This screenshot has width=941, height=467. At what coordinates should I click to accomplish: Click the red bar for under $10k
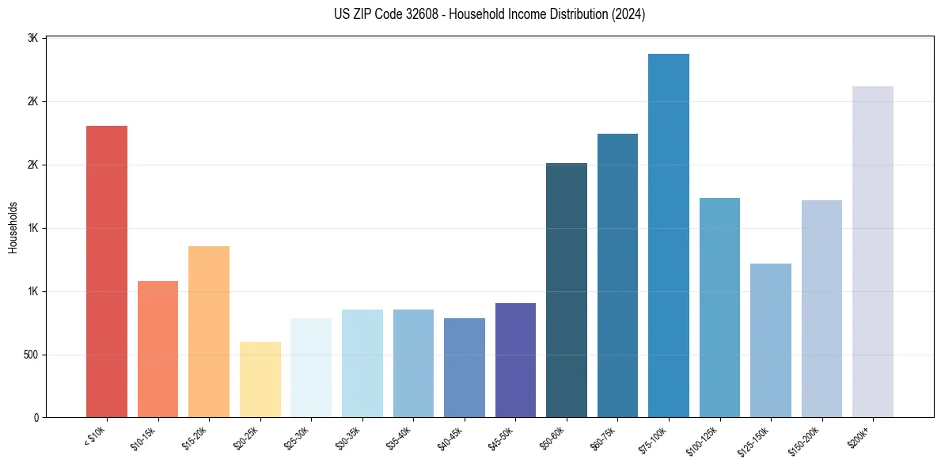[x=106, y=271]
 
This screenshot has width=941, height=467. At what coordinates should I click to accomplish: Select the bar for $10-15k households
[x=157, y=349]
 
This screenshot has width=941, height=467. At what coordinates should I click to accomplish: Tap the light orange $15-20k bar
[x=209, y=332]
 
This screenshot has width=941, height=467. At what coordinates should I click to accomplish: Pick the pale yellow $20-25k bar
[x=260, y=379]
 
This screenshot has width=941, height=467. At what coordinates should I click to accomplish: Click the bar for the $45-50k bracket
[x=515, y=360]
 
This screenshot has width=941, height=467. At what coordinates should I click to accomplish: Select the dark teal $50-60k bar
[x=567, y=290]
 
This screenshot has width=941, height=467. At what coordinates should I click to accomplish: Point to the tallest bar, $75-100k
[x=669, y=235]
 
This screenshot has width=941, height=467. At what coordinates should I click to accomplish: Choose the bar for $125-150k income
[x=771, y=340]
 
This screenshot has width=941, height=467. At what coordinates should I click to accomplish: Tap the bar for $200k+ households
[x=873, y=252]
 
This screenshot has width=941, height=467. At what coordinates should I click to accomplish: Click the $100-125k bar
[x=719, y=307]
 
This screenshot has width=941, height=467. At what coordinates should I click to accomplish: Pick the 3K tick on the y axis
[x=33, y=39]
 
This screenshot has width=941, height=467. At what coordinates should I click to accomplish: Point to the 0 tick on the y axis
[x=36, y=418]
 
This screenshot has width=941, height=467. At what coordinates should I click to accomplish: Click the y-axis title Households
[x=13, y=227]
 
